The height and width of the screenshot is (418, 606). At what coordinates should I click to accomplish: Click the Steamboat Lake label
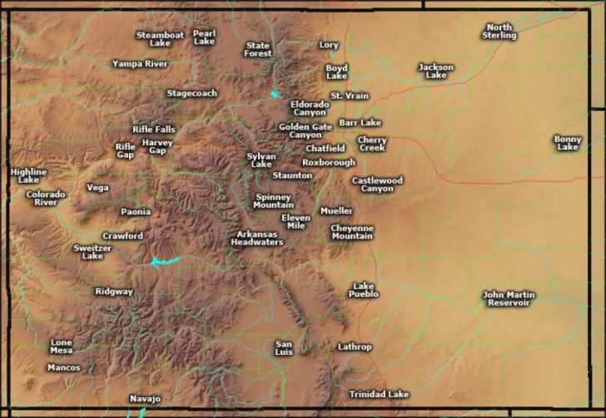159,38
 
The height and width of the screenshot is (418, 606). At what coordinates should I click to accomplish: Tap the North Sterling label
499,31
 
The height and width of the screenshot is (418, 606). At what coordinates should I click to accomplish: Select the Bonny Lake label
568,142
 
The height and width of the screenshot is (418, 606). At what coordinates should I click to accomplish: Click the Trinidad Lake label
379,394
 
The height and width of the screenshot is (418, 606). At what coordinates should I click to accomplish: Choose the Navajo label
145,399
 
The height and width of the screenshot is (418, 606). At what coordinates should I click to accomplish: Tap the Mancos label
64,367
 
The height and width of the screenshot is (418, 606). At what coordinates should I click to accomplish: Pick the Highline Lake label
28,175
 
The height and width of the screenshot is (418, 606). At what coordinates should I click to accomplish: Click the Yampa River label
140,63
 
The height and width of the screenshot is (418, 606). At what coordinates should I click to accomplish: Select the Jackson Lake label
435,71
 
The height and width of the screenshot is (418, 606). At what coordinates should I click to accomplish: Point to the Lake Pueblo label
364,290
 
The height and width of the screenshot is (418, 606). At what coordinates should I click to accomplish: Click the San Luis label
284,347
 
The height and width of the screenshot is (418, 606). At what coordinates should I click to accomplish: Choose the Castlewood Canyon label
377,184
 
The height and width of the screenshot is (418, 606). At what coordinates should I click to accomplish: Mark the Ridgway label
114,292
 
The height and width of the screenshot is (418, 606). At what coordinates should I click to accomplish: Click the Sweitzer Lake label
92,252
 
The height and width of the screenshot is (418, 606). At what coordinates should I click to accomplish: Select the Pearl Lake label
204,37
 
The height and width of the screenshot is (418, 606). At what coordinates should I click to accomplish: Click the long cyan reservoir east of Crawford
164,261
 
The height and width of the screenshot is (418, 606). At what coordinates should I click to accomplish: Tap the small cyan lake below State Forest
275,94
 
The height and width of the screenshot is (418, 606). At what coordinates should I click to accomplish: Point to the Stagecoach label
192,93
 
